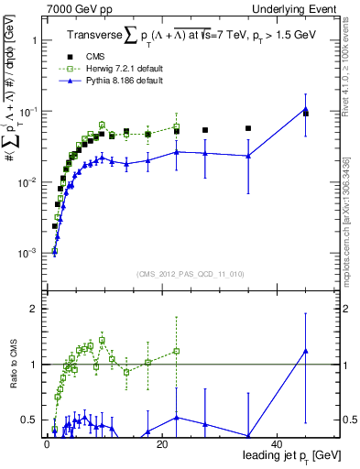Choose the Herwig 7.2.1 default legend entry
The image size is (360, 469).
pos(126,69)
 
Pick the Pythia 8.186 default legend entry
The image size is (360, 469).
pos(126,81)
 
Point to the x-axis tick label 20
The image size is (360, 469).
pos(161,443)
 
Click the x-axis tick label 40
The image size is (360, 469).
pos(278,443)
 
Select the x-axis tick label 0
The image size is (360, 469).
pos(46,443)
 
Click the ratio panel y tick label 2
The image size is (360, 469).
pos(33,309)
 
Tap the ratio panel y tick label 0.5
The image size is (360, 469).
pos(29,420)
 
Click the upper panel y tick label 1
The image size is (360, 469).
pos(33,41)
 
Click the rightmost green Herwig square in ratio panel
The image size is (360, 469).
pos(176,351)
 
